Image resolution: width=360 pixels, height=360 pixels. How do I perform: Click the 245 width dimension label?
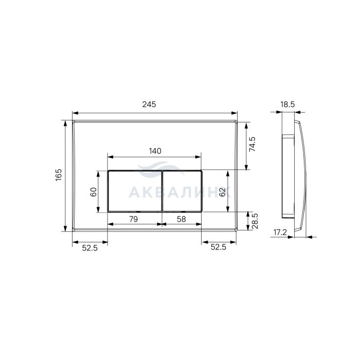149,104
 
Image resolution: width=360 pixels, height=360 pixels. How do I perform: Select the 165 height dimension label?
59,175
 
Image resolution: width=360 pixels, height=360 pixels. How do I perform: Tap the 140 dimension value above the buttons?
155,151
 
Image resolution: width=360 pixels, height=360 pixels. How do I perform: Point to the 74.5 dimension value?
253,144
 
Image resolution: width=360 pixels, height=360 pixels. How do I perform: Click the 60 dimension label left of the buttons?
94,192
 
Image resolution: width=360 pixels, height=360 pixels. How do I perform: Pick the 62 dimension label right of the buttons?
222,192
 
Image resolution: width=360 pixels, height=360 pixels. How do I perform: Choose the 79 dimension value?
133,219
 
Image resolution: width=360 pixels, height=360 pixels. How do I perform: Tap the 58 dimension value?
182,219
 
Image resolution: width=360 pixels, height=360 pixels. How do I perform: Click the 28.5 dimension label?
255,221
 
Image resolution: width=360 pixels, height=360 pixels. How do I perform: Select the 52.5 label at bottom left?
90,248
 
